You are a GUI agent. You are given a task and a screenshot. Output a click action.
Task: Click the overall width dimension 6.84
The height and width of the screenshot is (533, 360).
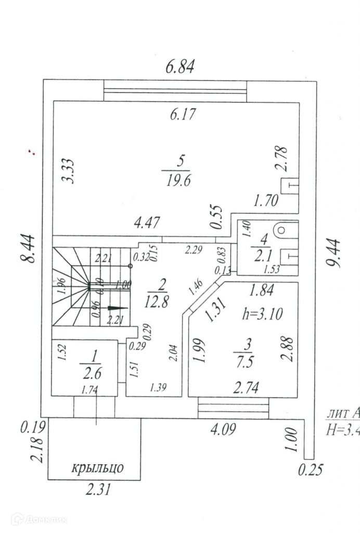179,67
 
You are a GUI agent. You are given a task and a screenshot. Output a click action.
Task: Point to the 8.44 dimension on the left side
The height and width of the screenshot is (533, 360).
30,248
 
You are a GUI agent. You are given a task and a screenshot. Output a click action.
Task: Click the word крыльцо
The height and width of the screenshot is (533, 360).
98,467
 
